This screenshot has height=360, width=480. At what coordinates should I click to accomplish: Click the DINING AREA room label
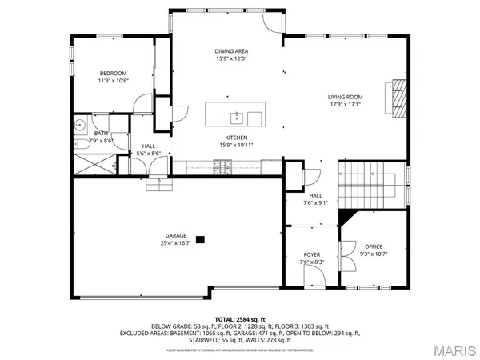(230, 50)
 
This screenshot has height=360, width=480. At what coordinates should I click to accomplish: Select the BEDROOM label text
(112, 72)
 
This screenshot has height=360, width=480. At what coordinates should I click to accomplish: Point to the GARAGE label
(176, 235)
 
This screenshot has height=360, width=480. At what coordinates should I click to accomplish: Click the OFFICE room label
(374, 246)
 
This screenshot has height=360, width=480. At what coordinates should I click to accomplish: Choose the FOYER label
(311, 254)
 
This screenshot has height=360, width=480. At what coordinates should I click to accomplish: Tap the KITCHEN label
(234, 137)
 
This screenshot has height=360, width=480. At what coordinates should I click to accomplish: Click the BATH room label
(101, 134)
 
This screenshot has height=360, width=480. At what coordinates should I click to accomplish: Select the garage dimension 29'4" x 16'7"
(176, 243)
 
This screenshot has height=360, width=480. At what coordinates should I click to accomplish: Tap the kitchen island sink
(237, 118)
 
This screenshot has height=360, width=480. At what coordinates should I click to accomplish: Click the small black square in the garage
(201, 238)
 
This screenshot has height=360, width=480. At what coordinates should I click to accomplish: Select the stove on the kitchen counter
(222, 166)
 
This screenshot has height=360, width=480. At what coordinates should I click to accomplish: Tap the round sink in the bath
(80, 126)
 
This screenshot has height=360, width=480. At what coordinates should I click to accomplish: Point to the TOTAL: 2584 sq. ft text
(240, 319)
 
